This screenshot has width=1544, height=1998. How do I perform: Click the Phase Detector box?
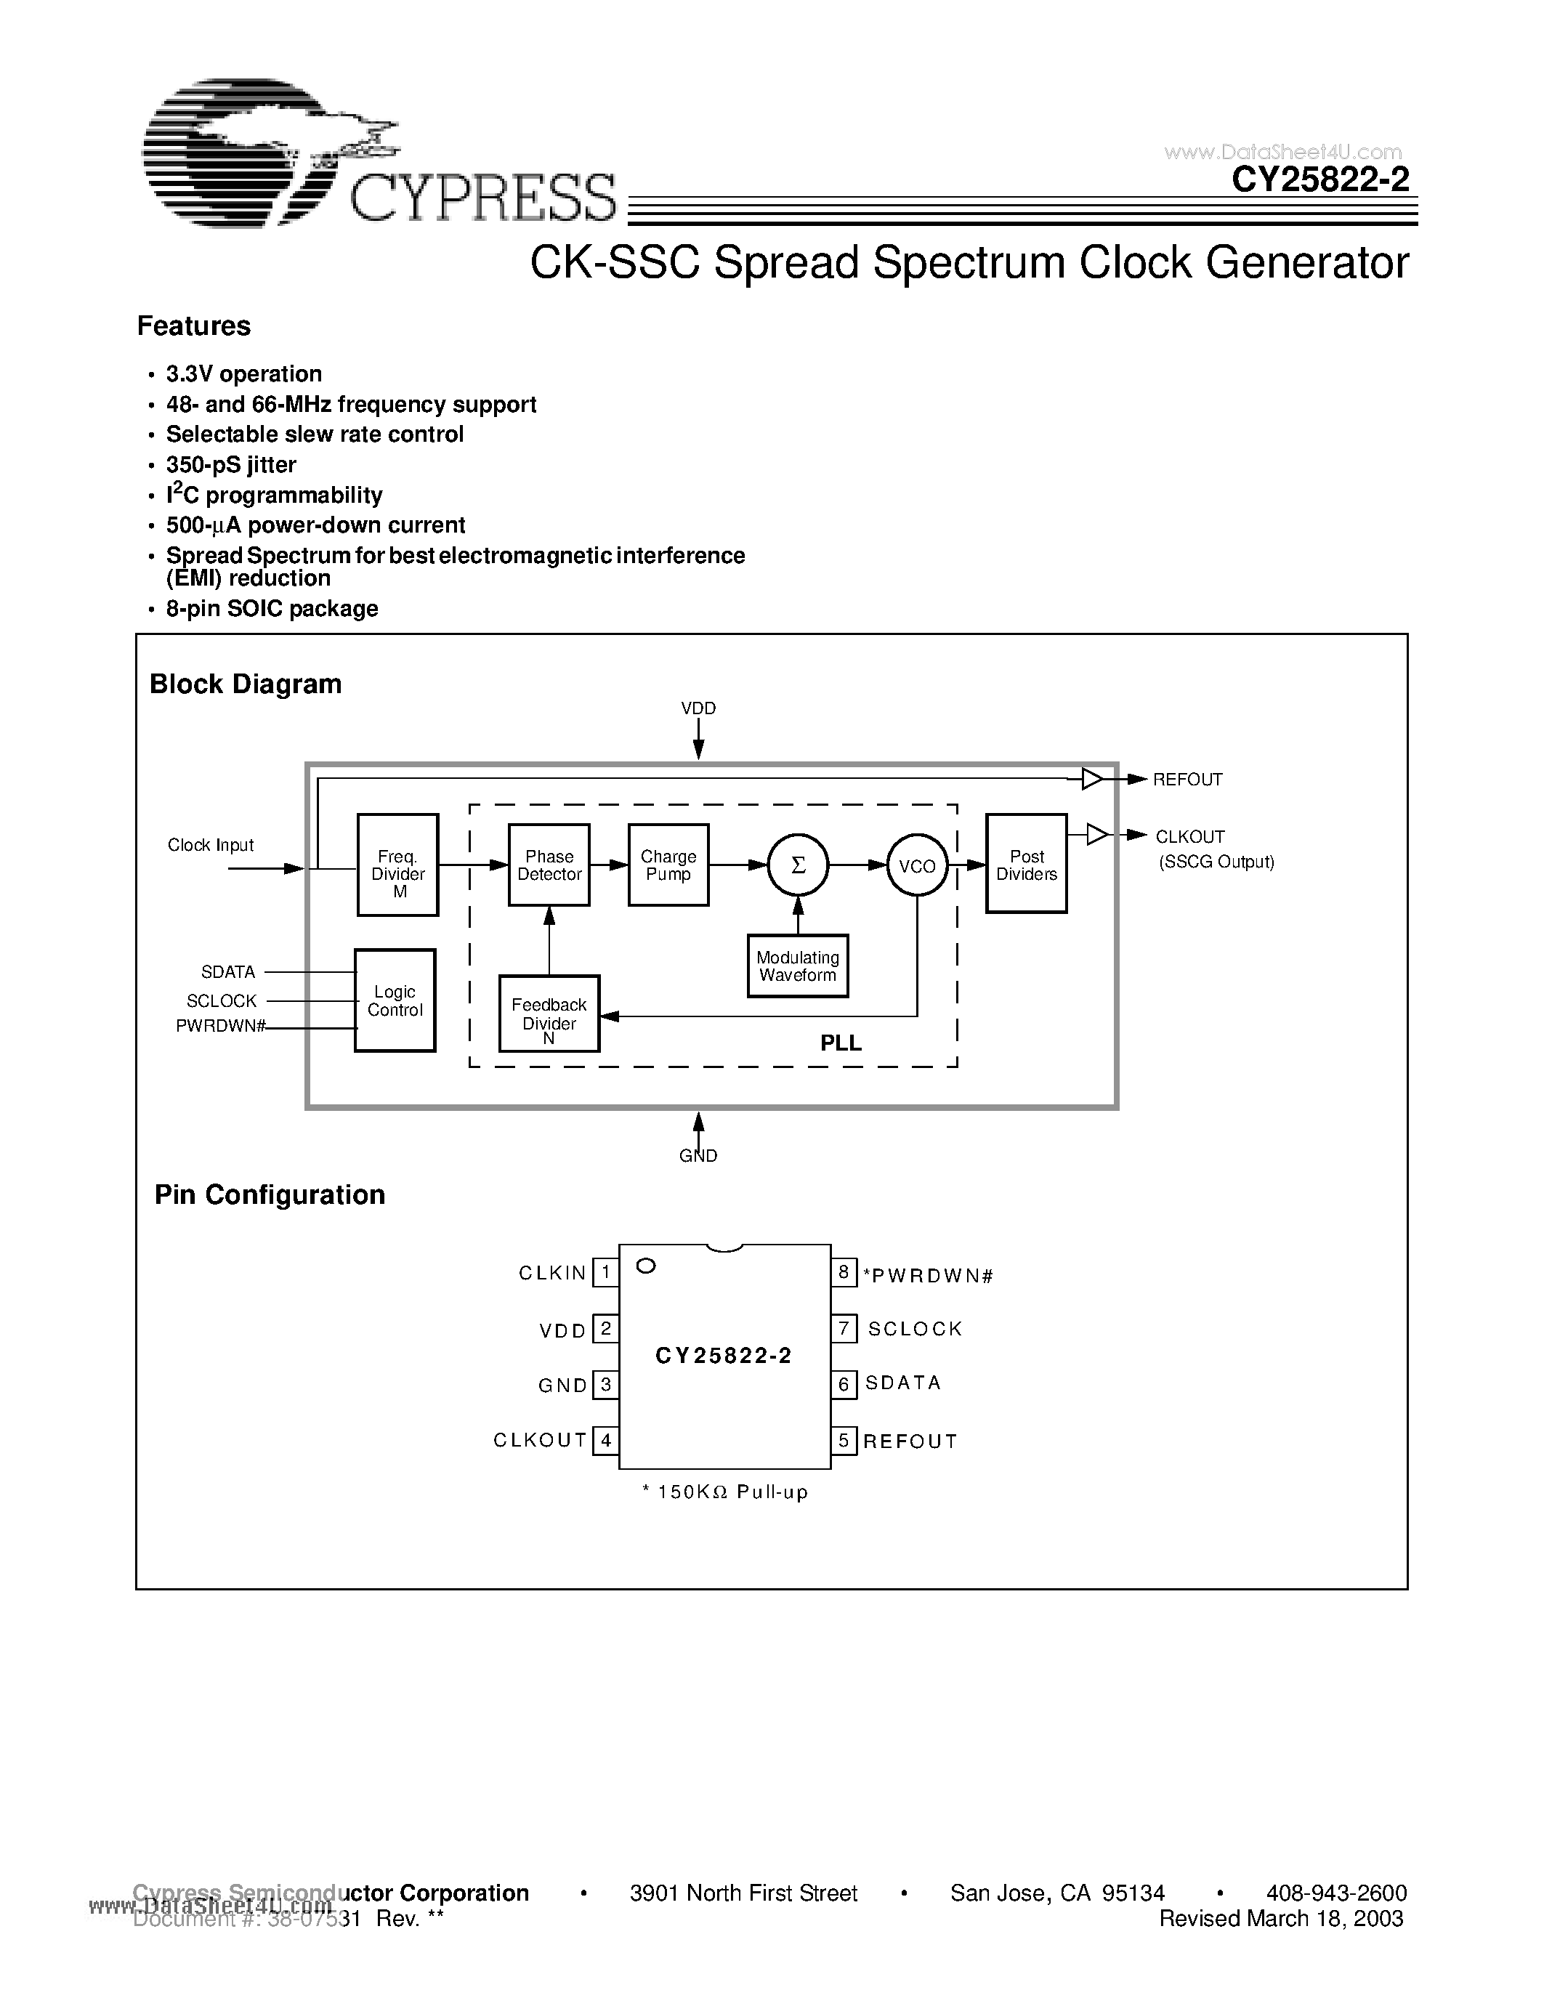(x=549, y=865)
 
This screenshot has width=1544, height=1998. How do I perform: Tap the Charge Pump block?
(x=668, y=865)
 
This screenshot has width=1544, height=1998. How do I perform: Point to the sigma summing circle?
(x=798, y=865)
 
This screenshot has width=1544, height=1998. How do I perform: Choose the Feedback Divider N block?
(x=549, y=1014)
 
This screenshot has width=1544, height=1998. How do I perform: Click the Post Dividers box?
(x=1026, y=864)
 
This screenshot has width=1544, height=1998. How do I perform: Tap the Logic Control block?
(x=395, y=1001)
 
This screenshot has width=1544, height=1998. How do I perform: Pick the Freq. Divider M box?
(x=398, y=865)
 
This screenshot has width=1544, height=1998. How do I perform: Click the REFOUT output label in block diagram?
(x=1187, y=780)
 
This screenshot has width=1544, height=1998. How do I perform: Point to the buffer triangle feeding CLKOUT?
(x=1096, y=834)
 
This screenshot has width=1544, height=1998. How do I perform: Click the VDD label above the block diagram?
(x=698, y=708)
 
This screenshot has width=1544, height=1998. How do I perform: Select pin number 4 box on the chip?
(x=605, y=1441)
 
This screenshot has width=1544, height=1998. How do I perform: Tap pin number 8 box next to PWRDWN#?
(x=844, y=1272)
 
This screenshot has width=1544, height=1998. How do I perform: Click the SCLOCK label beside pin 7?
(x=915, y=1328)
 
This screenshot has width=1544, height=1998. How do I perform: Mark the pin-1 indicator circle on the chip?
(x=646, y=1266)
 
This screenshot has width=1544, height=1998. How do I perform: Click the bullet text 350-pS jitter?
(x=230, y=465)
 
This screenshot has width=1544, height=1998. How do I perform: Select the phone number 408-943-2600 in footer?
(x=1335, y=1893)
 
